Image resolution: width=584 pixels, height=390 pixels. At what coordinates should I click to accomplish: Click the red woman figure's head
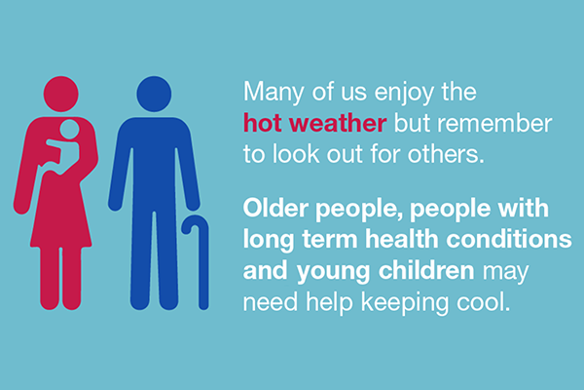click(x=60, y=94)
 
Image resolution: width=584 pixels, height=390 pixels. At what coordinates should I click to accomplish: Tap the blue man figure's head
click(x=154, y=94)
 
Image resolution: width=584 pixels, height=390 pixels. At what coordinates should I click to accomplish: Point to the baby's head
click(x=70, y=129)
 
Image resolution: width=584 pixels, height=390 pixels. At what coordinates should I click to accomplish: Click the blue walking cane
click(x=197, y=262)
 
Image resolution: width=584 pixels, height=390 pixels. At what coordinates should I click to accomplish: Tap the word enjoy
click(x=404, y=93)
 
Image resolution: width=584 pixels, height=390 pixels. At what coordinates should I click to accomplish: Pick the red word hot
click(x=262, y=123)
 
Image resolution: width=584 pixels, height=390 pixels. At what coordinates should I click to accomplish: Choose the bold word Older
click(x=275, y=208)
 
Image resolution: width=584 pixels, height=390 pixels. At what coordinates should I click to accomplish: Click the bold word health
click(x=401, y=239)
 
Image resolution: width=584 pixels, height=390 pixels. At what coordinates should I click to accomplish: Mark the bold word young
click(x=333, y=272)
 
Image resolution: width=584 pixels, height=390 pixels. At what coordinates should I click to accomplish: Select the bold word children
click(x=426, y=270)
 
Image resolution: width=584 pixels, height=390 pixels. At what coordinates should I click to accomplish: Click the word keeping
click(x=405, y=302)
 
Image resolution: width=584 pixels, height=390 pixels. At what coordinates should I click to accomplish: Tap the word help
click(x=329, y=302)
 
